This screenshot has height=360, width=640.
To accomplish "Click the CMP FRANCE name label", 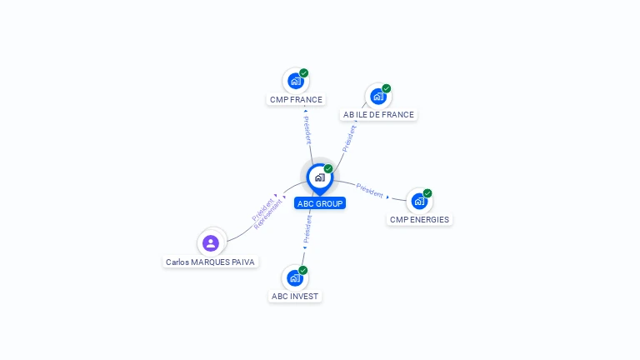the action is pos(296,100).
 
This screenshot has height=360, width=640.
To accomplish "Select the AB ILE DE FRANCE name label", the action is pos(378,115).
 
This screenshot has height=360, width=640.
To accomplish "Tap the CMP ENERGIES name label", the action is pos(419,220).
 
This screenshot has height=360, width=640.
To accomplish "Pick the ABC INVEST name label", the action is pos(295,297).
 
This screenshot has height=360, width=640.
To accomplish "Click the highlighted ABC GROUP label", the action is pos(320,203).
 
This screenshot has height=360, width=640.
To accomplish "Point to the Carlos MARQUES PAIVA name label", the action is pos(210,262).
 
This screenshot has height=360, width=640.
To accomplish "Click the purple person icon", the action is pos(211,243).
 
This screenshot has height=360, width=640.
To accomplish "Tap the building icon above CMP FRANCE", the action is pos(296,81).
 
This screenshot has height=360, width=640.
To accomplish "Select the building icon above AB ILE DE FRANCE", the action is pos(378,97).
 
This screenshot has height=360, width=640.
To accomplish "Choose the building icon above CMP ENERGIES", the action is pos(419,201).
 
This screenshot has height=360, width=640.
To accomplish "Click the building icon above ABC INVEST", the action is pos(295,278).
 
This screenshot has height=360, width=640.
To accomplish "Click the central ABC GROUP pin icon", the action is pos(320,179).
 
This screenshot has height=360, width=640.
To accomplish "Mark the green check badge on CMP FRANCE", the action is pos(303,73).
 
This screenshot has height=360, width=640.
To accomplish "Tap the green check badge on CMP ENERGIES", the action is pos(427,193).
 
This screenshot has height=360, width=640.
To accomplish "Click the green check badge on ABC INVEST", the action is pos(302,270).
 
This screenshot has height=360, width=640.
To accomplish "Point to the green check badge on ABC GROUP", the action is pos(328,168).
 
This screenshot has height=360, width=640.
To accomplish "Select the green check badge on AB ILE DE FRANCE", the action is pos(386,88).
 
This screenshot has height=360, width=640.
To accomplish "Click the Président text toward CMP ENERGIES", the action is pos(369,191).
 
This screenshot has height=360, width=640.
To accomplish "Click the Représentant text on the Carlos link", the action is pos(267,215).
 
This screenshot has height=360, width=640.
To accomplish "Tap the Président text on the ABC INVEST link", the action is pos(307,229).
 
